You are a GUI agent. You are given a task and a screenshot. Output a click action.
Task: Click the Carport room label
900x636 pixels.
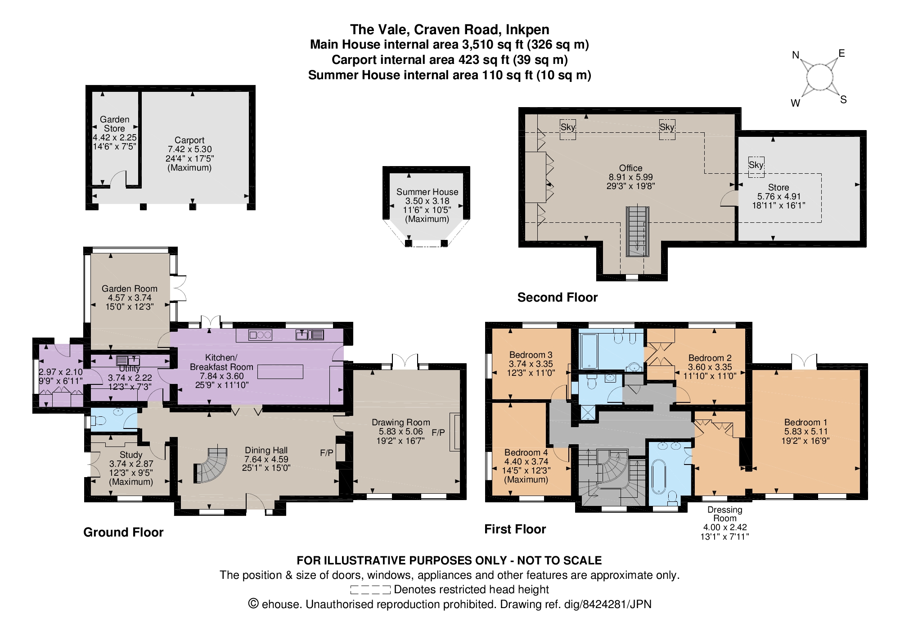(189, 140)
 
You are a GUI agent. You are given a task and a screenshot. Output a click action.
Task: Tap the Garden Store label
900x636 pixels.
(115, 124)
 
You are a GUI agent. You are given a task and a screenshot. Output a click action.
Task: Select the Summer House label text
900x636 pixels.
(427, 192)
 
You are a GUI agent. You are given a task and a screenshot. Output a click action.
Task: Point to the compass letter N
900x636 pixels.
(796, 55)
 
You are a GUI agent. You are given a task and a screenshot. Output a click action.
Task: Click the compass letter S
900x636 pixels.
(843, 100)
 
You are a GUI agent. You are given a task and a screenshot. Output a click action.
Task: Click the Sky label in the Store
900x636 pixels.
(756, 165)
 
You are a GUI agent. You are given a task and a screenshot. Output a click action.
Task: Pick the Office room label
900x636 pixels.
(630, 168)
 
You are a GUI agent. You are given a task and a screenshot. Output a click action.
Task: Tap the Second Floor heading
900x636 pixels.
(558, 298)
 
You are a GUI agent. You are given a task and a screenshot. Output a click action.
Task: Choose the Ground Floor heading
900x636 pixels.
(123, 532)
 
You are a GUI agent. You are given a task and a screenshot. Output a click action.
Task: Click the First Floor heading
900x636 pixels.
(515, 529)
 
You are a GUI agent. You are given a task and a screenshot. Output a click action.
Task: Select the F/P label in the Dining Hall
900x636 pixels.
(327, 453)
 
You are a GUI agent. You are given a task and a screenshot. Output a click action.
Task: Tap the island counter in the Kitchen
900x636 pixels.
(280, 371)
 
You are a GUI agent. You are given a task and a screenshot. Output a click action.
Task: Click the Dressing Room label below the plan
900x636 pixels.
(724, 514)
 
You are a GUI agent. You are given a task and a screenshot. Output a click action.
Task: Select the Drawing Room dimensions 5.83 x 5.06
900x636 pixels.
(400, 432)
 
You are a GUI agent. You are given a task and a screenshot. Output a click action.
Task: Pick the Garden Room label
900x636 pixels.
(130, 289)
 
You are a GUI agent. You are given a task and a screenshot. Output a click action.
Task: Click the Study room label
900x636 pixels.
(131, 455)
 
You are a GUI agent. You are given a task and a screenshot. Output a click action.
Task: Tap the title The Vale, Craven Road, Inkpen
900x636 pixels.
(450, 30)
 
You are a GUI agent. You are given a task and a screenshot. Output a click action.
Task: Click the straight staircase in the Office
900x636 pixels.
(638, 231)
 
